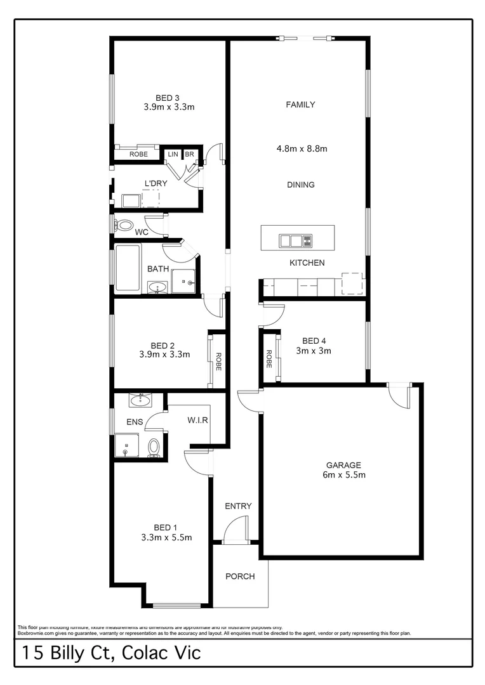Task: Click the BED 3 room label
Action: pyautogui.click(x=168, y=98)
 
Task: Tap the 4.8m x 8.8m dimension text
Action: pyautogui.click(x=302, y=149)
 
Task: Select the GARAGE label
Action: pyautogui.click(x=343, y=464)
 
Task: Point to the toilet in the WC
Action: pyautogui.click(x=124, y=225)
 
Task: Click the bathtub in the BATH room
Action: pyautogui.click(x=128, y=268)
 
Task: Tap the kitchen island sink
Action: pyautogui.click(x=291, y=240)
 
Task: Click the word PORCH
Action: pyautogui.click(x=240, y=577)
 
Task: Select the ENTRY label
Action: pyautogui.click(x=239, y=506)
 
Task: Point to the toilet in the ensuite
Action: pyautogui.click(x=154, y=447)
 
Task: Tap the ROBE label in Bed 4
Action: pyautogui.click(x=269, y=360)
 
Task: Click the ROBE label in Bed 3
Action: pyautogui.click(x=138, y=154)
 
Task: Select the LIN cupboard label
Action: pyautogui.click(x=173, y=154)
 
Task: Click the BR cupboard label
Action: pyautogui.click(x=189, y=154)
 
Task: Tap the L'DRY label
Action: pyautogui.click(x=156, y=184)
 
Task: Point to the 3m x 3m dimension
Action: pyautogui.click(x=314, y=350)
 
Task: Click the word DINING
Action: pyautogui.click(x=301, y=185)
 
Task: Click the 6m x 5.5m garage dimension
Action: pyautogui.click(x=343, y=474)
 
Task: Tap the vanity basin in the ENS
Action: pyautogui.click(x=139, y=400)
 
